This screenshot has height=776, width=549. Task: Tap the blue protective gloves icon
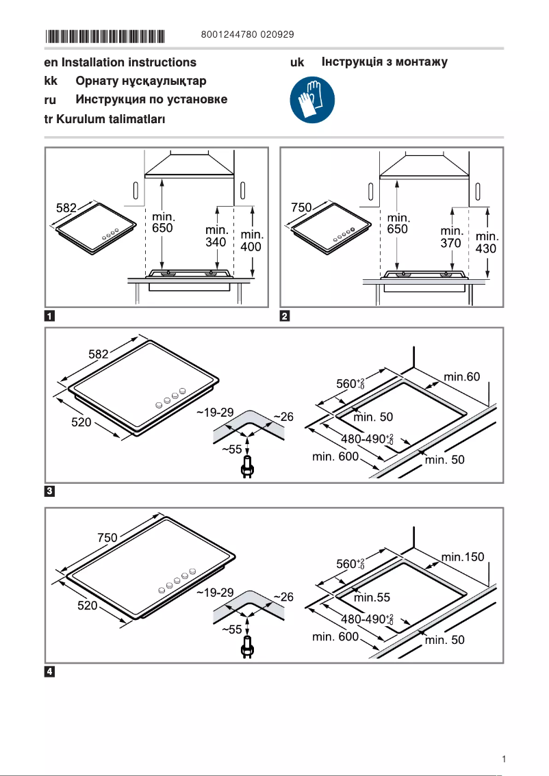point(312,99)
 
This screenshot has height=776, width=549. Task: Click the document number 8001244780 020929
point(248,34)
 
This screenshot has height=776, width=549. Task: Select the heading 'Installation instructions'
point(129,62)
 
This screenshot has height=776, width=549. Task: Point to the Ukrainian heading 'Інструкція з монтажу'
point(384,62)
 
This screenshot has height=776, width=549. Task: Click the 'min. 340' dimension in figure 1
point(216,236)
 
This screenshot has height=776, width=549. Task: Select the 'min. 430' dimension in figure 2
point(486,244)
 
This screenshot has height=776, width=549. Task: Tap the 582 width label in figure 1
point(66,206)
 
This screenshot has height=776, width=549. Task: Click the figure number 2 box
point(285,316)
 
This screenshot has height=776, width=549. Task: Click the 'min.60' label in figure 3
point(462,377)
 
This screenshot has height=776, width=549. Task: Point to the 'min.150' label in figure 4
point(463,557)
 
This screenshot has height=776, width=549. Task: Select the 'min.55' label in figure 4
point(372,597)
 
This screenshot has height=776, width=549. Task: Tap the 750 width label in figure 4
point(107,538)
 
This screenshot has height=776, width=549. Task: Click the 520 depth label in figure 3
point(82,422)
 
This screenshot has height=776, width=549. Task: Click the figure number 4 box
point(50,671)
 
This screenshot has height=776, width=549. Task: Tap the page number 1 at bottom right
point(503,758)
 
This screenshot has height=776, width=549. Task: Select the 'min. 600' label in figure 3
point(335,456)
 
